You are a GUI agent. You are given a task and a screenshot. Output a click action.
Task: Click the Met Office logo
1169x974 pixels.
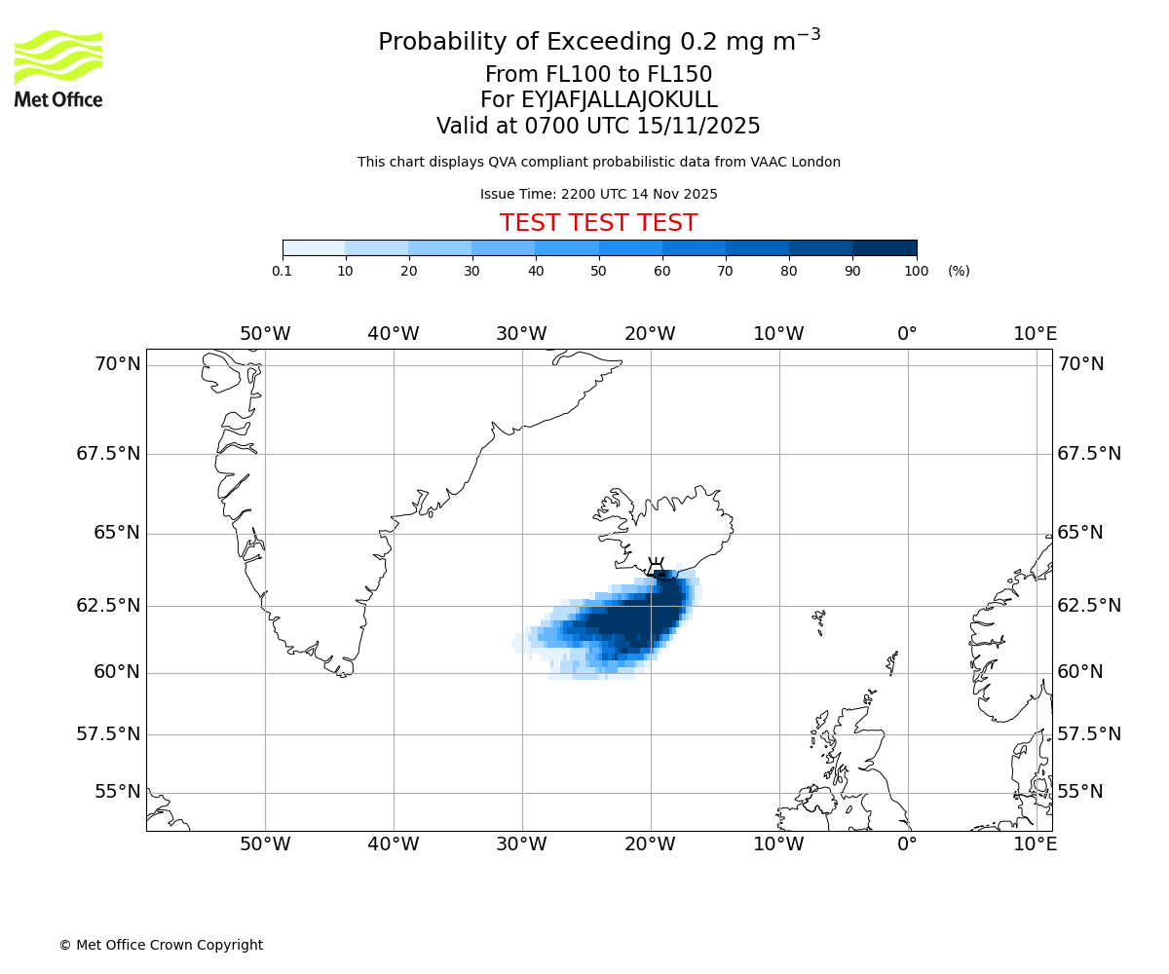coord(58,68)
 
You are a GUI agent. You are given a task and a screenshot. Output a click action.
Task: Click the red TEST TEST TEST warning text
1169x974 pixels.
coord(598,223)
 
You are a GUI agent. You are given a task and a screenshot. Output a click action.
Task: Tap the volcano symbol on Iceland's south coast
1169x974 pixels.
coord(656,567)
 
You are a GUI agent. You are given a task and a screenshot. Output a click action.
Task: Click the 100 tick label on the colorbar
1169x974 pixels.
coord(916,271)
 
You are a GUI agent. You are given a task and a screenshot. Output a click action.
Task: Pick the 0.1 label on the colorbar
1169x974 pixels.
coord(283,271)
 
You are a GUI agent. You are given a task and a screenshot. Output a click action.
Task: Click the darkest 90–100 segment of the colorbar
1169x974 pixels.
coord(885,248)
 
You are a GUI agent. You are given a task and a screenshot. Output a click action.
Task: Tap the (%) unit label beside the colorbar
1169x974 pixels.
coord(959,271)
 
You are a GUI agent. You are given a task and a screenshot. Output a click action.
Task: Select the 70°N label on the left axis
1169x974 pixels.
coord(117,364)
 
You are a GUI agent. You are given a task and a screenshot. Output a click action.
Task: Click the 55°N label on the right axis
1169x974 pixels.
coord(1080,792)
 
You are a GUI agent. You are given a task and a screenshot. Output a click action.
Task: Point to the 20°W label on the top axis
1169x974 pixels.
coord(650,334)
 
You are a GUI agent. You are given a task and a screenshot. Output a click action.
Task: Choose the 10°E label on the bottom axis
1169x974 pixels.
coord(1035,844)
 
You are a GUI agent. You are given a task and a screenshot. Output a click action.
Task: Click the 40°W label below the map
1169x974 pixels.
coord(394,844)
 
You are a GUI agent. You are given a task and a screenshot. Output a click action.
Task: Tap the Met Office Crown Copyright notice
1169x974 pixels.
coord(161,945)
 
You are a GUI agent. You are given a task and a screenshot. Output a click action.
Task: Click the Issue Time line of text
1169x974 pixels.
coord(598,195)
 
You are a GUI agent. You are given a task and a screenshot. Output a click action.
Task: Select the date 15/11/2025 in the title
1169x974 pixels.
coord(698,127)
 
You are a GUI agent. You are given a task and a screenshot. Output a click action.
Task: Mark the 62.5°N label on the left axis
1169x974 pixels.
coord(108,606)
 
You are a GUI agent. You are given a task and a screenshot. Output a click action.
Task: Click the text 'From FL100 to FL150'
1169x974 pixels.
coord(598,75)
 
